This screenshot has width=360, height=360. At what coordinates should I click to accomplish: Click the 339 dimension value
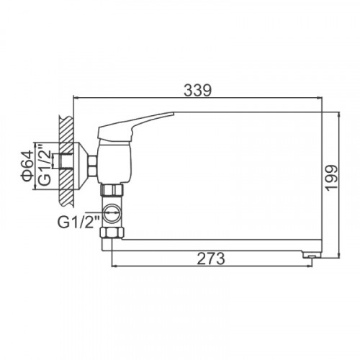[198, 90]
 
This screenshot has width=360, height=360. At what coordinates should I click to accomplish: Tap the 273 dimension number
[211, 258]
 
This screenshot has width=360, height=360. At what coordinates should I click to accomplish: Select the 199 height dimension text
[331, 178]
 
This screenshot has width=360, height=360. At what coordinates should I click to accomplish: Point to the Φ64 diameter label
[27, 166]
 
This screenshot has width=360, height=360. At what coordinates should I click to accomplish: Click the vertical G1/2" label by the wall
[45, 165]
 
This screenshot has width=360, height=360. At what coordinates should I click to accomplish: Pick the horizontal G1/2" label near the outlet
[78, 222]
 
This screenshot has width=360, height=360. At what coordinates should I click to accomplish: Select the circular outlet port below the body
[112, 213]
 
